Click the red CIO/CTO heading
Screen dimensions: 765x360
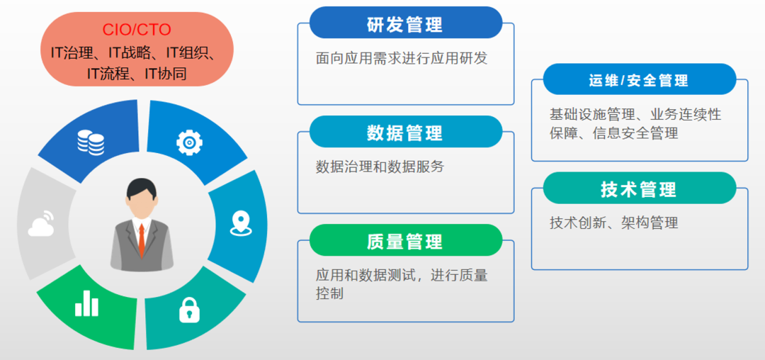coord(137,30)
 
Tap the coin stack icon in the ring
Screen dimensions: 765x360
coord(91,142)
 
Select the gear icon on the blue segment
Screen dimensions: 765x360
coord(189,142)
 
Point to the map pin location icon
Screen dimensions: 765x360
coord(241,223)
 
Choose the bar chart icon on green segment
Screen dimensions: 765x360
coord(86,303)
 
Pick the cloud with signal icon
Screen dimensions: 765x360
coord(42,223)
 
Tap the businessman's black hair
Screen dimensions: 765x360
coord(142,188)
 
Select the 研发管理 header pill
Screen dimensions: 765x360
coord(406,23)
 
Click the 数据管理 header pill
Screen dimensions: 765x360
coord(406,132)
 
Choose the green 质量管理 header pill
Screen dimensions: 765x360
coord(406,240)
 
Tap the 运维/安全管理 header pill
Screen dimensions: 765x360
coord(639,79)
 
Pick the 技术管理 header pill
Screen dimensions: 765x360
coord(639,188)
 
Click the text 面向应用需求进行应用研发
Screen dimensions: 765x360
coord(402,59)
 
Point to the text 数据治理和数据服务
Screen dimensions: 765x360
coord(380,167)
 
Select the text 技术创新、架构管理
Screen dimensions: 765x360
coord(613,223)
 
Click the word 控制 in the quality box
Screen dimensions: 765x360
coord(329,293)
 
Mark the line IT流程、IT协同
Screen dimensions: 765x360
coord(137,74)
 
